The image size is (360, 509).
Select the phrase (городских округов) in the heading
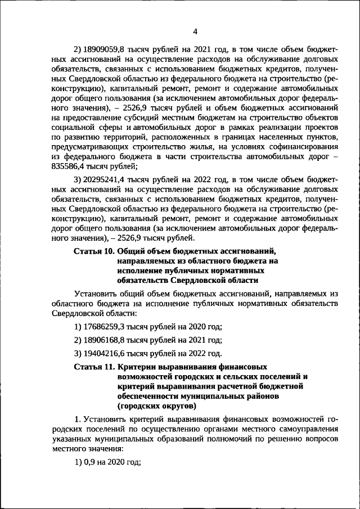tap(156, 406)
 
